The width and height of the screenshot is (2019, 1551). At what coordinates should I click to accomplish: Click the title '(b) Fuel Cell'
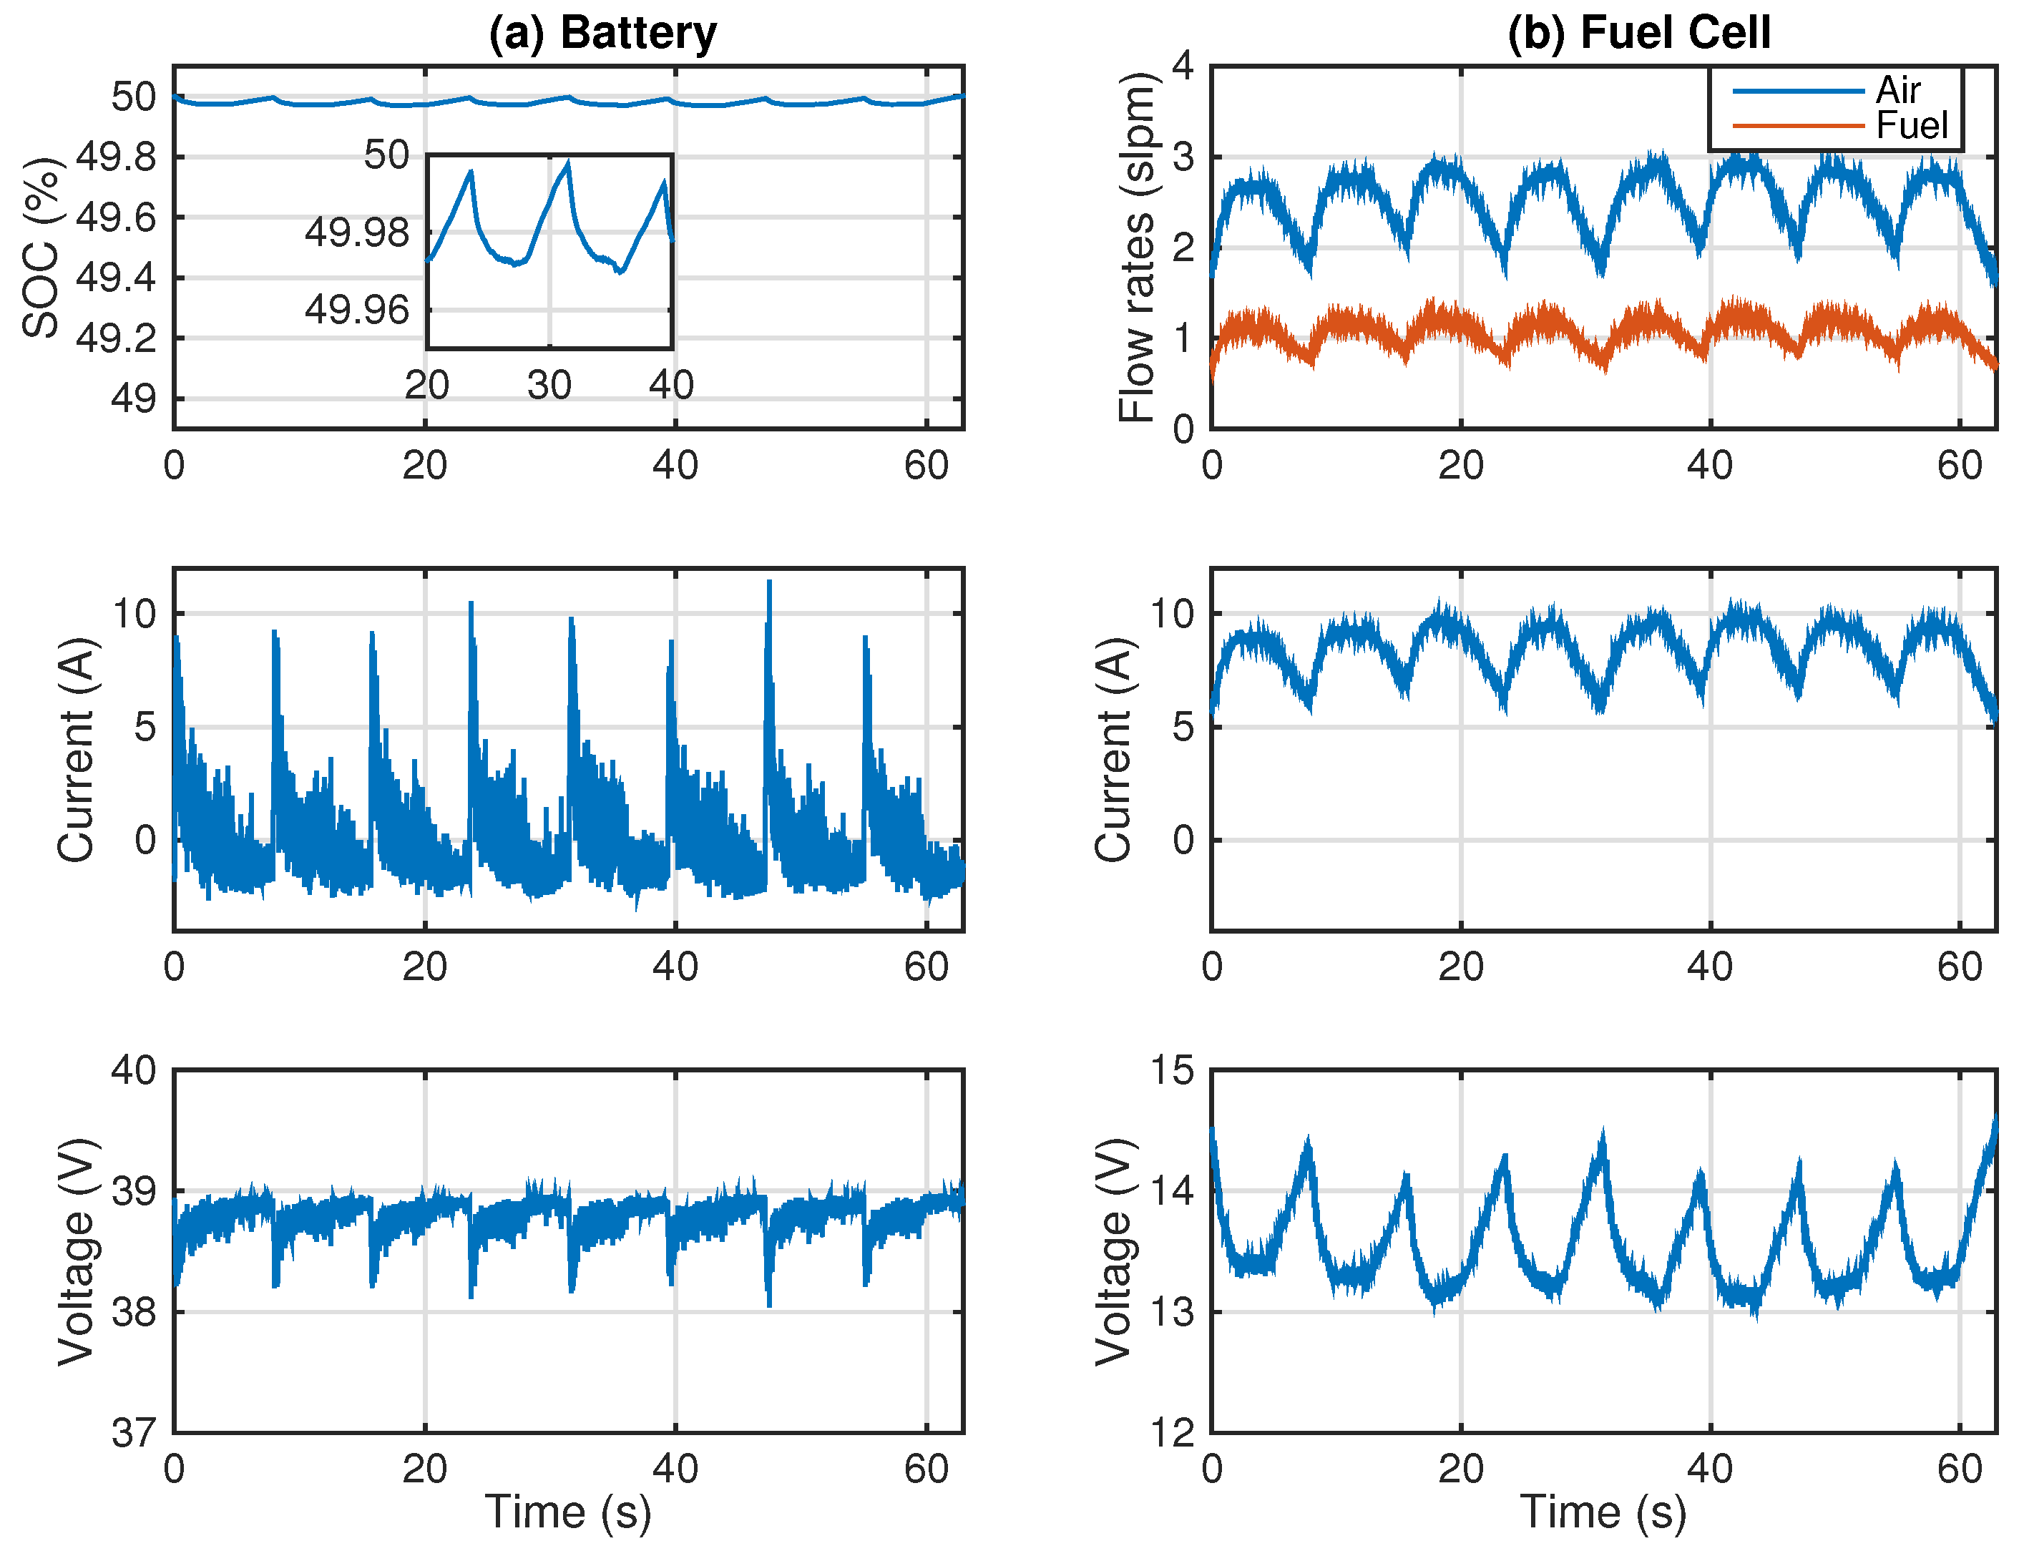coord(1638,33)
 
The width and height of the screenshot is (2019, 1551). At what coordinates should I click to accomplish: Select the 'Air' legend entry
coord(1897,90)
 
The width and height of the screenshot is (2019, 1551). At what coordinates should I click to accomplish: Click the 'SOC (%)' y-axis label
coord(41,248)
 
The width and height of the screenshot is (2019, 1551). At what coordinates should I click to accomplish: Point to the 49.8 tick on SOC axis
coord(117,157)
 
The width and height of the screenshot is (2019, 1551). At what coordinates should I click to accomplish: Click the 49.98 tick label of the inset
coord(357,232)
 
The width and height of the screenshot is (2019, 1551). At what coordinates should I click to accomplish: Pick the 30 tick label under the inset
coord(549,385)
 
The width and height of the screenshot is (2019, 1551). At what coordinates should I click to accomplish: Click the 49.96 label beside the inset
coord(357,309)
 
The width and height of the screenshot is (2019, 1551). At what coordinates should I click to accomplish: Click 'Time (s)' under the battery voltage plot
coord(568,1512)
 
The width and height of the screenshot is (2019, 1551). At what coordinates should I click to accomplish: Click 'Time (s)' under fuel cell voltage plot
coord(1603,1512)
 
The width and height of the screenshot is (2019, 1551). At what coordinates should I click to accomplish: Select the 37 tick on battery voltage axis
coord(134,1433)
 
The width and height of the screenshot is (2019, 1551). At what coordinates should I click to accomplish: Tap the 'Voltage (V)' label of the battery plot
coord(77,1252)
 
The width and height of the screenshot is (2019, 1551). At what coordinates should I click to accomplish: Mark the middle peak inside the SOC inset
coord(568,162)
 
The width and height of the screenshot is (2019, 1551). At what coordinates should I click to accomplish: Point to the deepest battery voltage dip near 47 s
coord(769,1303)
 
